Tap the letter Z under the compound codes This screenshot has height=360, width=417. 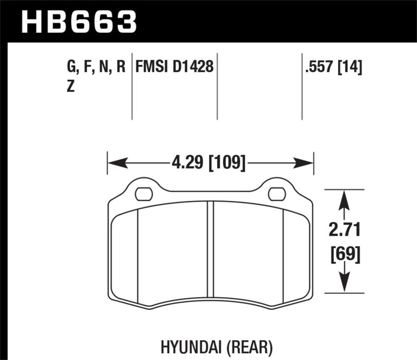(x=71, y=87)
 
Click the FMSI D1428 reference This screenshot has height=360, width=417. (x=174, y=67)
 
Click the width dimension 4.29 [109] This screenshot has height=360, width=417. (x=208, y=164)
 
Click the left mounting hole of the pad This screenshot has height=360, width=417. (x=141, y=194)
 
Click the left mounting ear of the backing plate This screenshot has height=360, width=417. (x=141, y=188)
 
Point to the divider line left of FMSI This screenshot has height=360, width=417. (x=131, y=86)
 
